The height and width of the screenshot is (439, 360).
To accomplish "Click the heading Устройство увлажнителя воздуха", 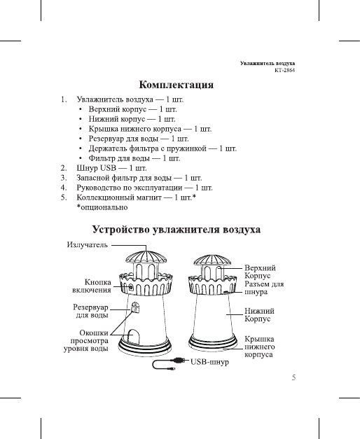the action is (178, 230).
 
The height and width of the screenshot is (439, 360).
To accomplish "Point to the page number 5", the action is (295, 378).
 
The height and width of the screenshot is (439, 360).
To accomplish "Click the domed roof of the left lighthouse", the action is (144, 257).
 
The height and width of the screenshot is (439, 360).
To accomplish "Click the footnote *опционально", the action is (102, 208).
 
